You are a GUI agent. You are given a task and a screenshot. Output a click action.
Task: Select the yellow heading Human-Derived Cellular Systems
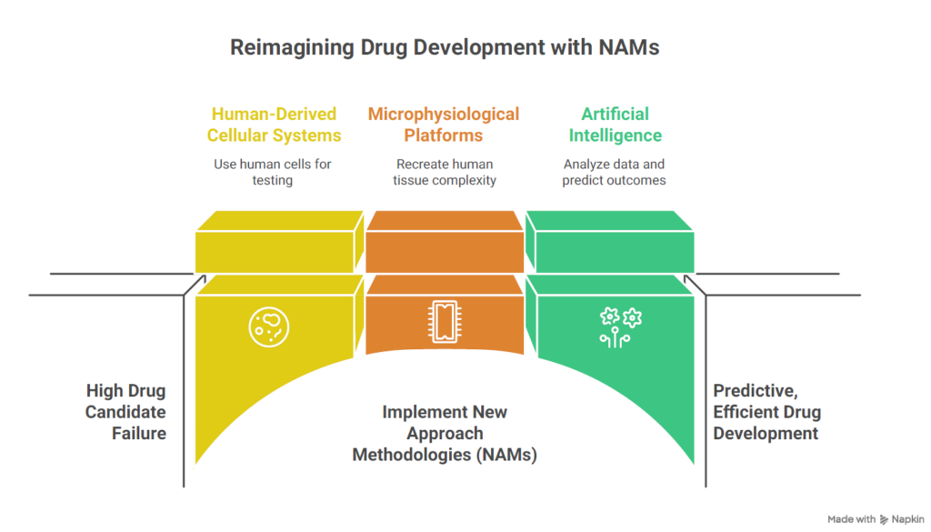(274, 125)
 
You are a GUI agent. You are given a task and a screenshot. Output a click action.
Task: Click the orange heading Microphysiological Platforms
(444, 125)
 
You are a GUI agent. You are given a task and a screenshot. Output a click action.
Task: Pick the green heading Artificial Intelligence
(615, 125)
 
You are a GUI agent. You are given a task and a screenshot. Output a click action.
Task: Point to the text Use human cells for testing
(273, 172)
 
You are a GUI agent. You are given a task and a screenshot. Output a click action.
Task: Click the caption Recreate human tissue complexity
(444, 172)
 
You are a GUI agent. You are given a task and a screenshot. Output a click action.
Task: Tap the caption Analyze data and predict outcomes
(615, 172)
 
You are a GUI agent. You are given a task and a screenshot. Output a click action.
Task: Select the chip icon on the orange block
(445, 321)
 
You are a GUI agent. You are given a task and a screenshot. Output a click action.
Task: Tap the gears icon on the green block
(620, 326)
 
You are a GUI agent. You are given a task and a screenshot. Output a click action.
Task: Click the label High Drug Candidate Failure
(126, 412)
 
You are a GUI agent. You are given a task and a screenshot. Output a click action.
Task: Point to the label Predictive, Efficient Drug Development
(766, 412)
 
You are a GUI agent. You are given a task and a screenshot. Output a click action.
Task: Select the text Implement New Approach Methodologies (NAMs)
(445, 433)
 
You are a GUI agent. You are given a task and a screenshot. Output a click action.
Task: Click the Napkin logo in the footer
(901, 518)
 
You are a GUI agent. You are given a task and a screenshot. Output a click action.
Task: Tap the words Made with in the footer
(851, 518)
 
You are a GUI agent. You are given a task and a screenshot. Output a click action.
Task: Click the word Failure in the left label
(139, 433)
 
